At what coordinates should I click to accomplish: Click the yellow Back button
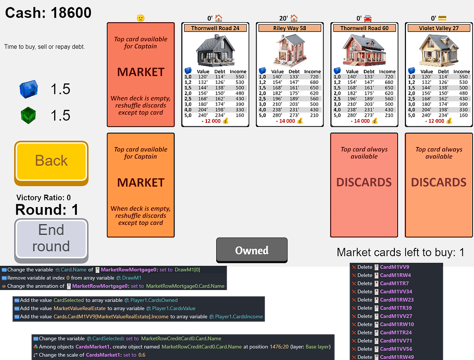[51, 161]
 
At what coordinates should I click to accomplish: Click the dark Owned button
[252, 251]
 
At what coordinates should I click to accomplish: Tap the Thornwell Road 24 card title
[216, 28]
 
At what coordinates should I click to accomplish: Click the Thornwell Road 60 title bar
[364, 28]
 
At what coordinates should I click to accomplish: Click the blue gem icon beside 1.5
[28, 89]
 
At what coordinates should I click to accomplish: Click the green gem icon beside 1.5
[28, 115]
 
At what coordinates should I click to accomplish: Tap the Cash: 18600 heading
[48, 13]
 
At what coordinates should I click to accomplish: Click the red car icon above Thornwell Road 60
[368, 19]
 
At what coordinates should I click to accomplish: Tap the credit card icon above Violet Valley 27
[443, 19]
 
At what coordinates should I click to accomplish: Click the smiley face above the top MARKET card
[141, 19]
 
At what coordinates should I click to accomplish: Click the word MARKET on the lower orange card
[141, 182]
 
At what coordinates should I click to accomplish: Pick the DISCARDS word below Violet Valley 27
[438, 182]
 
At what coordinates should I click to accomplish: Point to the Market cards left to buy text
[400, 253]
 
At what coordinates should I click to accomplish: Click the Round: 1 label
[47, 210]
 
